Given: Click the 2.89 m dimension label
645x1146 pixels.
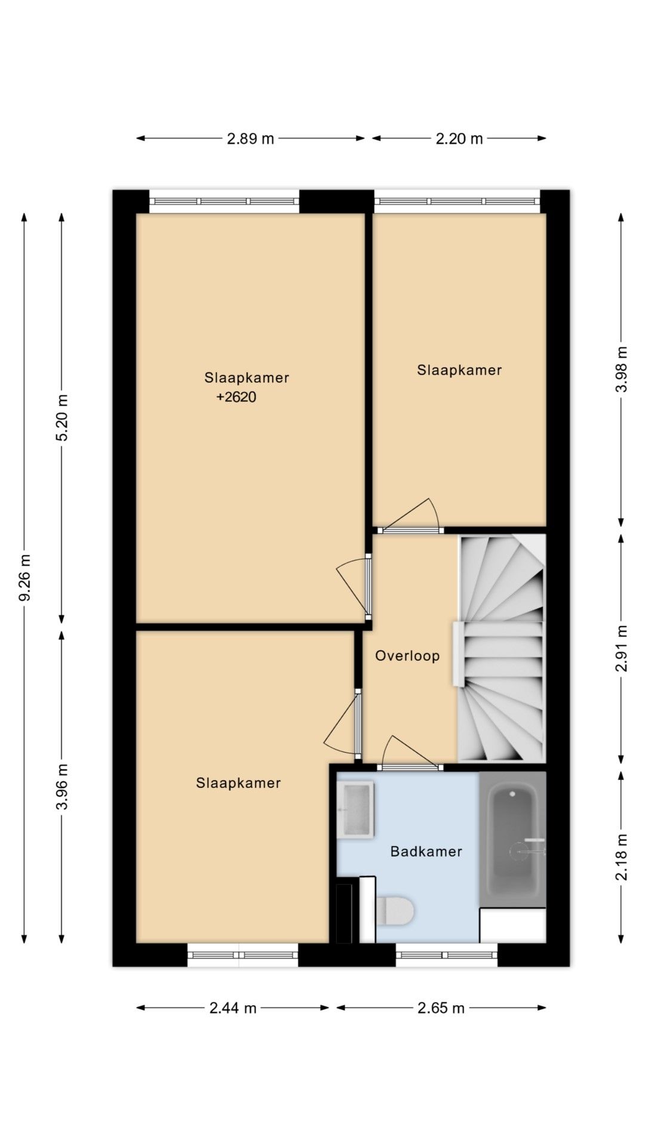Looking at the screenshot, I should pos(250,138).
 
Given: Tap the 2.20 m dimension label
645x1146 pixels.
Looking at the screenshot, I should pos(459,138).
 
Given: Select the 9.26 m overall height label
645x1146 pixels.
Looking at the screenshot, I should pos(24,578).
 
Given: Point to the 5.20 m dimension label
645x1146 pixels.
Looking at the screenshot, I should pos(62,417).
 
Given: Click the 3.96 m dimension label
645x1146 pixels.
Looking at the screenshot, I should pos(62,786).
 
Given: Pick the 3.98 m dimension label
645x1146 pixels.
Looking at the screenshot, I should pos(621,369).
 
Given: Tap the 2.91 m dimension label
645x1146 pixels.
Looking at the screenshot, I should pos(621,648).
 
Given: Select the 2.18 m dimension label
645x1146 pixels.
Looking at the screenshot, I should pos(621,857).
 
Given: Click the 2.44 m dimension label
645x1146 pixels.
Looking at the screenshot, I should pos(233,1008).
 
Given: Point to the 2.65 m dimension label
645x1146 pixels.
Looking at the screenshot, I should pos(441,1008).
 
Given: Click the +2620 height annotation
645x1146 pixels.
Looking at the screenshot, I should pos(236,398).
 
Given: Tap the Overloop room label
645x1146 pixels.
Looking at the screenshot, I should pos(407,656).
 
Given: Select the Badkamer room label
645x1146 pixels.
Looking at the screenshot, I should pos(426,851).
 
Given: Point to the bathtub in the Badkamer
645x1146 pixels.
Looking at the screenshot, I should pos(512,839).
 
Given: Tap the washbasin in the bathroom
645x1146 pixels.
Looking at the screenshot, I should pos(355,810).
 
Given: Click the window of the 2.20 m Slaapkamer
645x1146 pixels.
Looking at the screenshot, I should pos(457,202).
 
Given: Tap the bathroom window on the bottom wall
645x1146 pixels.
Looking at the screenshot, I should pos(447,954).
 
